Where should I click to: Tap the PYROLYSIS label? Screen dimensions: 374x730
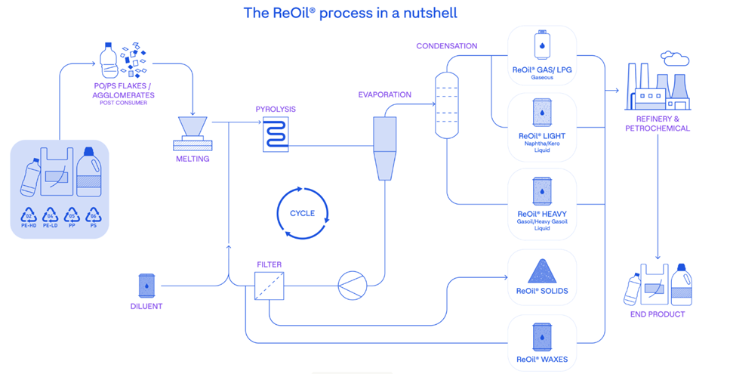[x=276, y=110]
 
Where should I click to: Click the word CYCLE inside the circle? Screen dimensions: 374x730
[x=303, y=214]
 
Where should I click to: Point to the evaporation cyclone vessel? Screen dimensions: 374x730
[x=385, y=148]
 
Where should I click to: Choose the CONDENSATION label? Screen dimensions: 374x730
[x=447, y=46]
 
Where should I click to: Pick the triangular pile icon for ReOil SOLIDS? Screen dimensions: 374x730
[x=542, y=270]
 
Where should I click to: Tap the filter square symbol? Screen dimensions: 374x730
[x=268, y=286]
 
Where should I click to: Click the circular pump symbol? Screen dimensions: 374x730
[x=351, y=286]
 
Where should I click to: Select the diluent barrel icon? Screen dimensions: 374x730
[x=146, y=285]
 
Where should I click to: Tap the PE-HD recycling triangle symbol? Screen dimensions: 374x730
[x=29, y=215]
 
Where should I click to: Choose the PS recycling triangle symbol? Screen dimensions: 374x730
[x=93, y=215]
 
